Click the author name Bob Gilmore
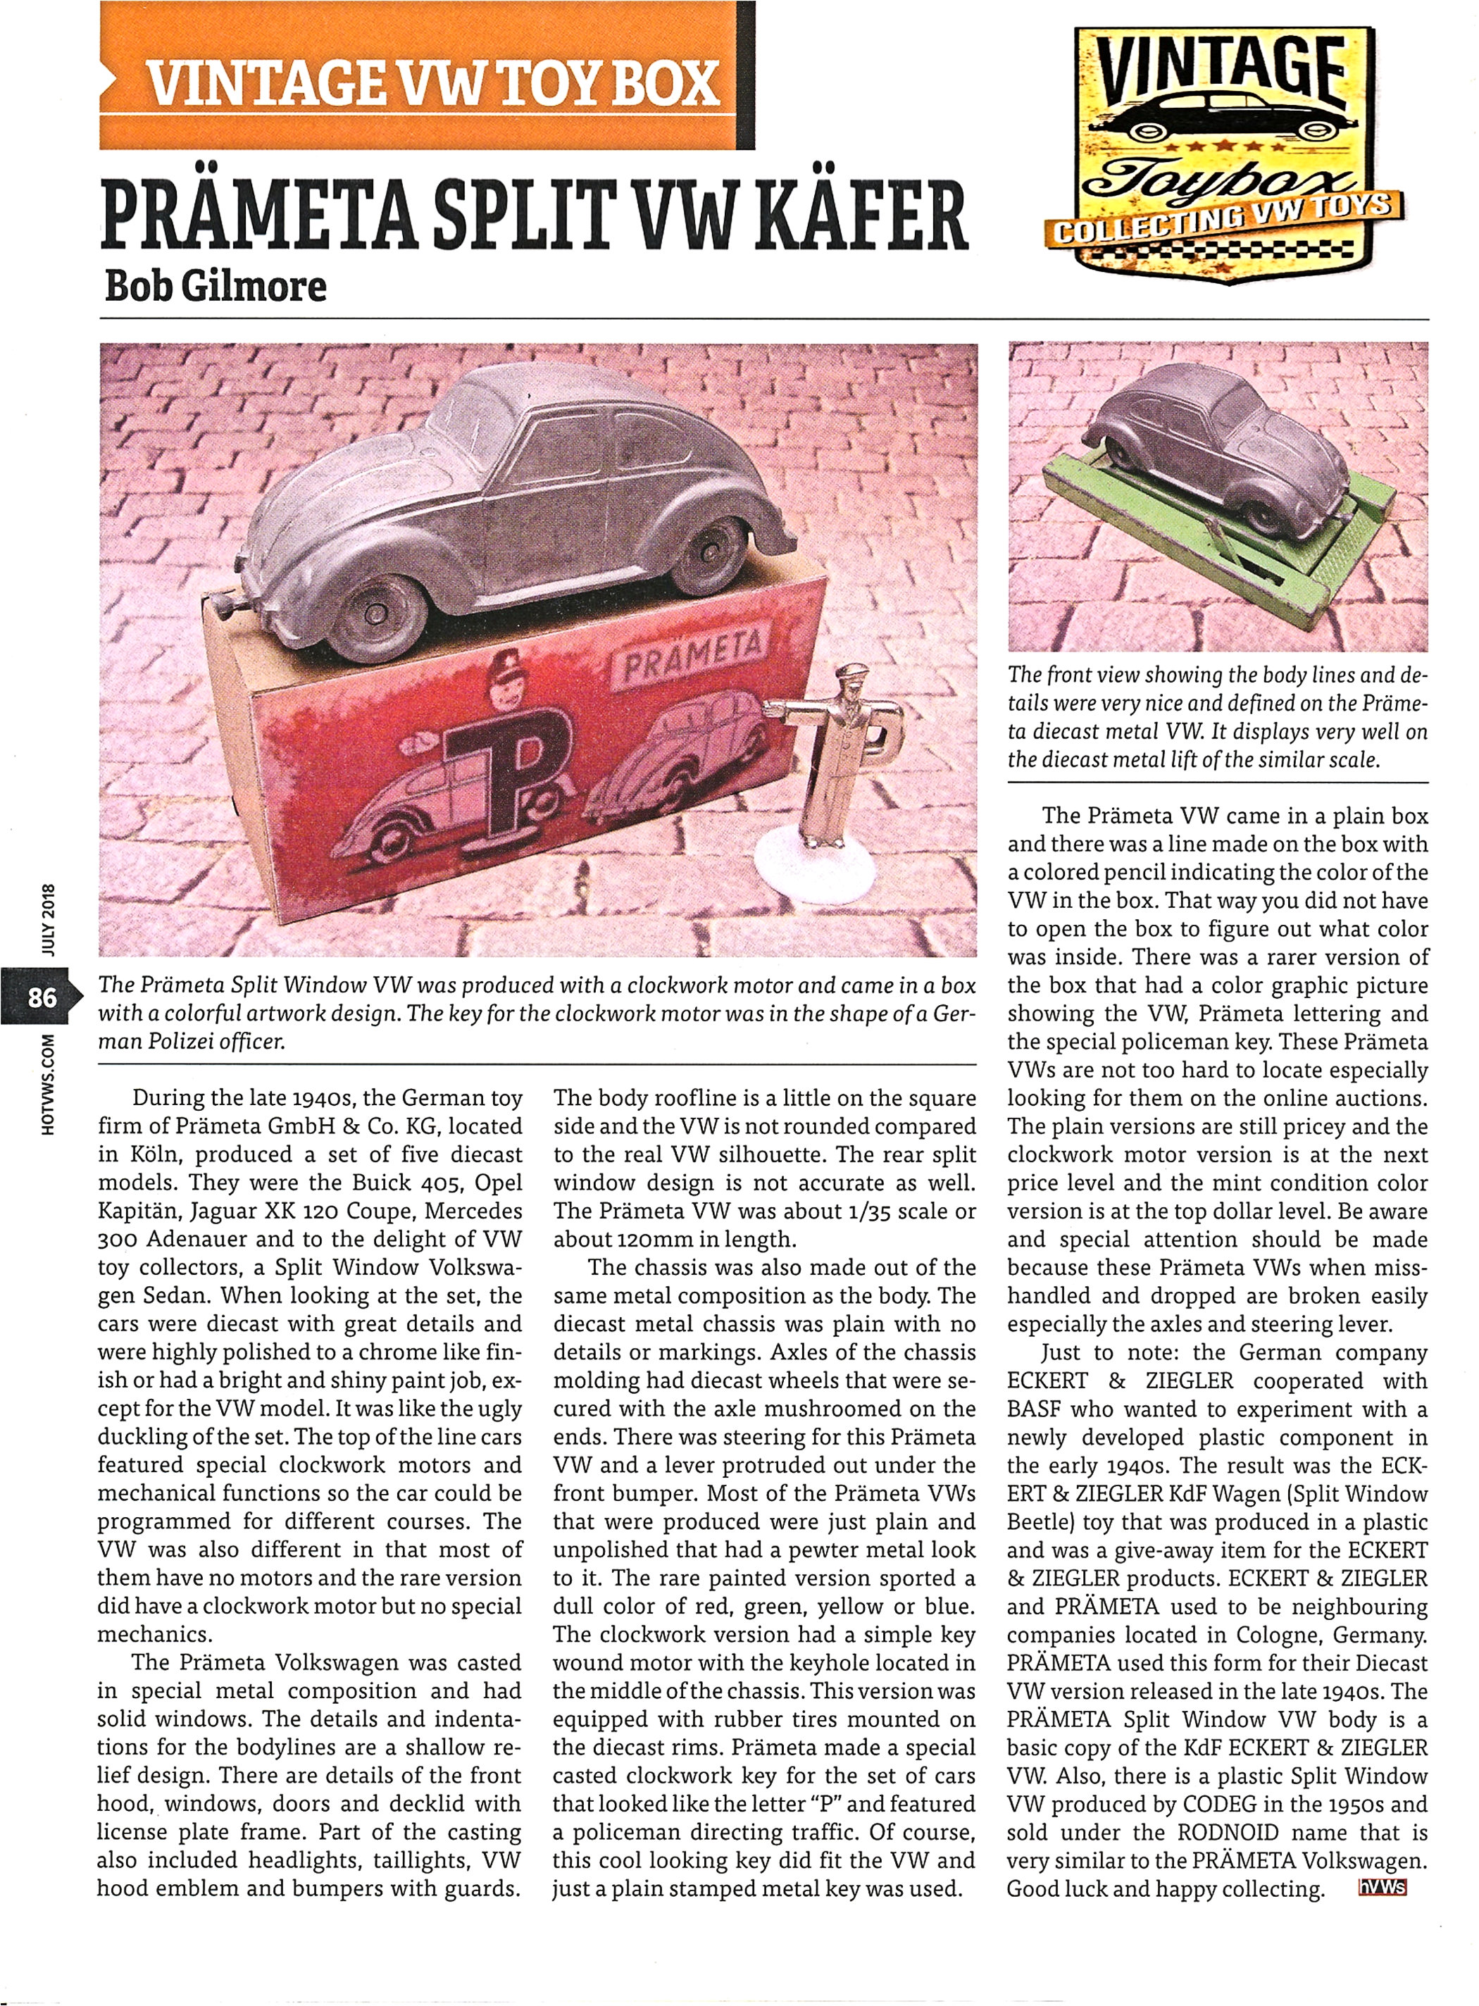(215, 287)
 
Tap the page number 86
(42, 997)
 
